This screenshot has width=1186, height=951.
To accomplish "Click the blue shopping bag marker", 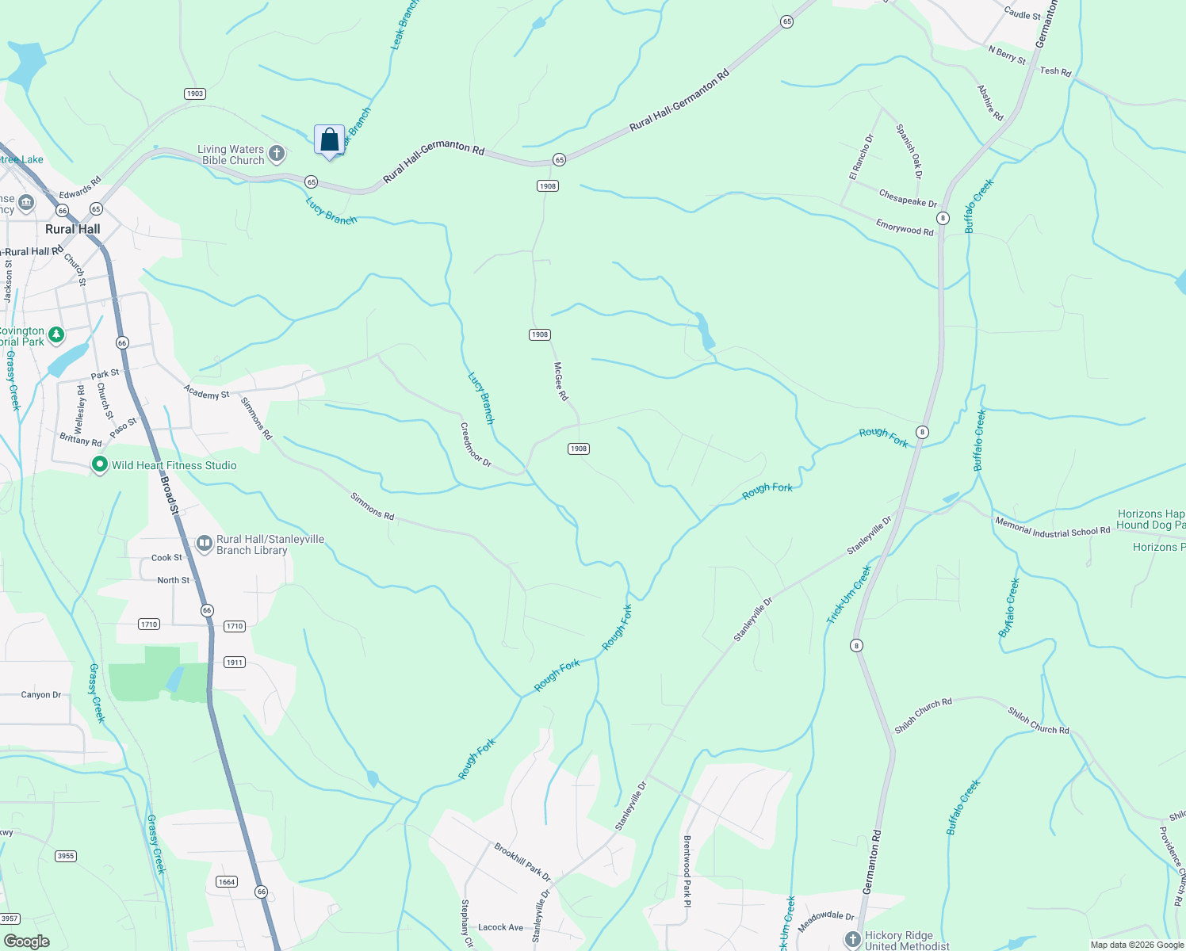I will coord(329,140).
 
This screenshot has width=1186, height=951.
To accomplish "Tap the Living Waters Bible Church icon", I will coord(277,153).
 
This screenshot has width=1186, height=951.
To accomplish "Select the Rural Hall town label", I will coord(73,229).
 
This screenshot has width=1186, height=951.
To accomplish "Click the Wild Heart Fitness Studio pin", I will coord(100,465).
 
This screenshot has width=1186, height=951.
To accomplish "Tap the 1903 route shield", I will coord(195,94).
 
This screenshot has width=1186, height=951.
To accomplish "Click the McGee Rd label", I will coord(561,381).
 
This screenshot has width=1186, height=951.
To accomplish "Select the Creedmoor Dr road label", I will coord(476,445).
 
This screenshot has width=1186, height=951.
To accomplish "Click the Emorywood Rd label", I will coord(905,227).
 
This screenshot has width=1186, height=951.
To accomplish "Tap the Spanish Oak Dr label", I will coord(909,151).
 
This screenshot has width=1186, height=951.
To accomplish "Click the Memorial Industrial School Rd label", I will coord(1052,528).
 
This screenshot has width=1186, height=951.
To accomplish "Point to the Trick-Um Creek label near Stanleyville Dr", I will coord(849,594).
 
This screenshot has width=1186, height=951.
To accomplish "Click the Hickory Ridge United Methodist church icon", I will coord(853,940).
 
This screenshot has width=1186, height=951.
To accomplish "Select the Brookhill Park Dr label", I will coord(522,861).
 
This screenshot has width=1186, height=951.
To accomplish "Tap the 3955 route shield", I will coord(66,856).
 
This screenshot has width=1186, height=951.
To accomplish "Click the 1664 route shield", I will coord(227,882).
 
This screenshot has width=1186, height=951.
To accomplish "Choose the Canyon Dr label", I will coord(41,695).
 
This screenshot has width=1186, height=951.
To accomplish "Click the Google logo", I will coord(26,941).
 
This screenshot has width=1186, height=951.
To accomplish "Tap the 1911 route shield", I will coord(234,663).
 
